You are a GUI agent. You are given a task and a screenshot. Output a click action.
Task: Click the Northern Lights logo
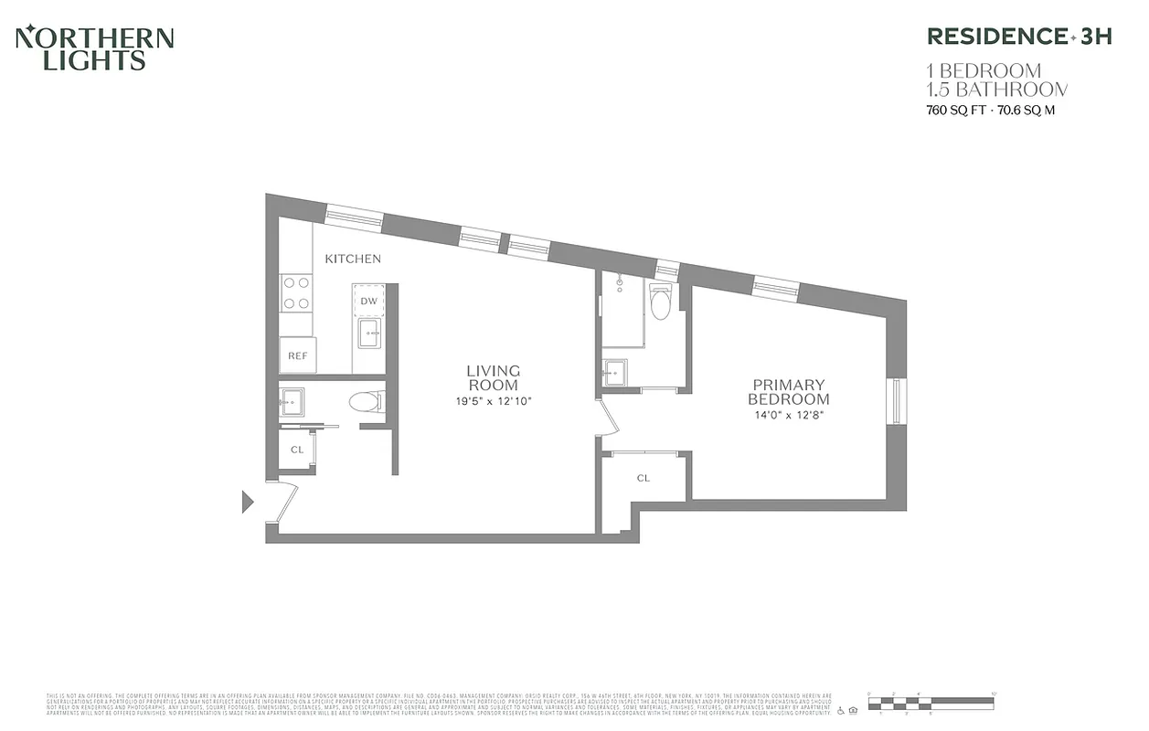[x=95, y=49]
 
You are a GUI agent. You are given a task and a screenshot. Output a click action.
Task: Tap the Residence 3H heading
[x=1019, y=37]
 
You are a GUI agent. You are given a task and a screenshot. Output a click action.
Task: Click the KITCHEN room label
[x=353, y=259]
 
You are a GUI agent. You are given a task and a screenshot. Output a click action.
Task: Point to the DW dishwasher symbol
[x=368, y=301]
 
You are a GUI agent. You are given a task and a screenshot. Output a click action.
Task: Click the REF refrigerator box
[x=298, y=355]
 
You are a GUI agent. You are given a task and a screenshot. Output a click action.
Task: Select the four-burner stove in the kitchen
[x=296, y=292]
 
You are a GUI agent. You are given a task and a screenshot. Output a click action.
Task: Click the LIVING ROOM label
[x=493, y=377]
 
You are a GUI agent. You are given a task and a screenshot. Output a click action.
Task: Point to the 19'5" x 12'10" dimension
[x=493, y=400]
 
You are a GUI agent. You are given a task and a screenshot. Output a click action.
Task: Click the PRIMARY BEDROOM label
[x=788, y=392]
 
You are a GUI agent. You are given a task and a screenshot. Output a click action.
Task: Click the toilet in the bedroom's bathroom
[x=660, y=302]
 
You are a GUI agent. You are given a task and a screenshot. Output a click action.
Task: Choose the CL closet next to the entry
[x=297, y=450]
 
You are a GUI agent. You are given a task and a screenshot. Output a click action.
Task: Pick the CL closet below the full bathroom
[x=644, y=478]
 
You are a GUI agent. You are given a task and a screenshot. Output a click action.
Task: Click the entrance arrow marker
[x=247, y=501]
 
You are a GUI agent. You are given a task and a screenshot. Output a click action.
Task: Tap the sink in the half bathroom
[x=293, y=400]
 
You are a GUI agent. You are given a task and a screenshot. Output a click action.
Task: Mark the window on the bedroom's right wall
[x=897, y=401]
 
